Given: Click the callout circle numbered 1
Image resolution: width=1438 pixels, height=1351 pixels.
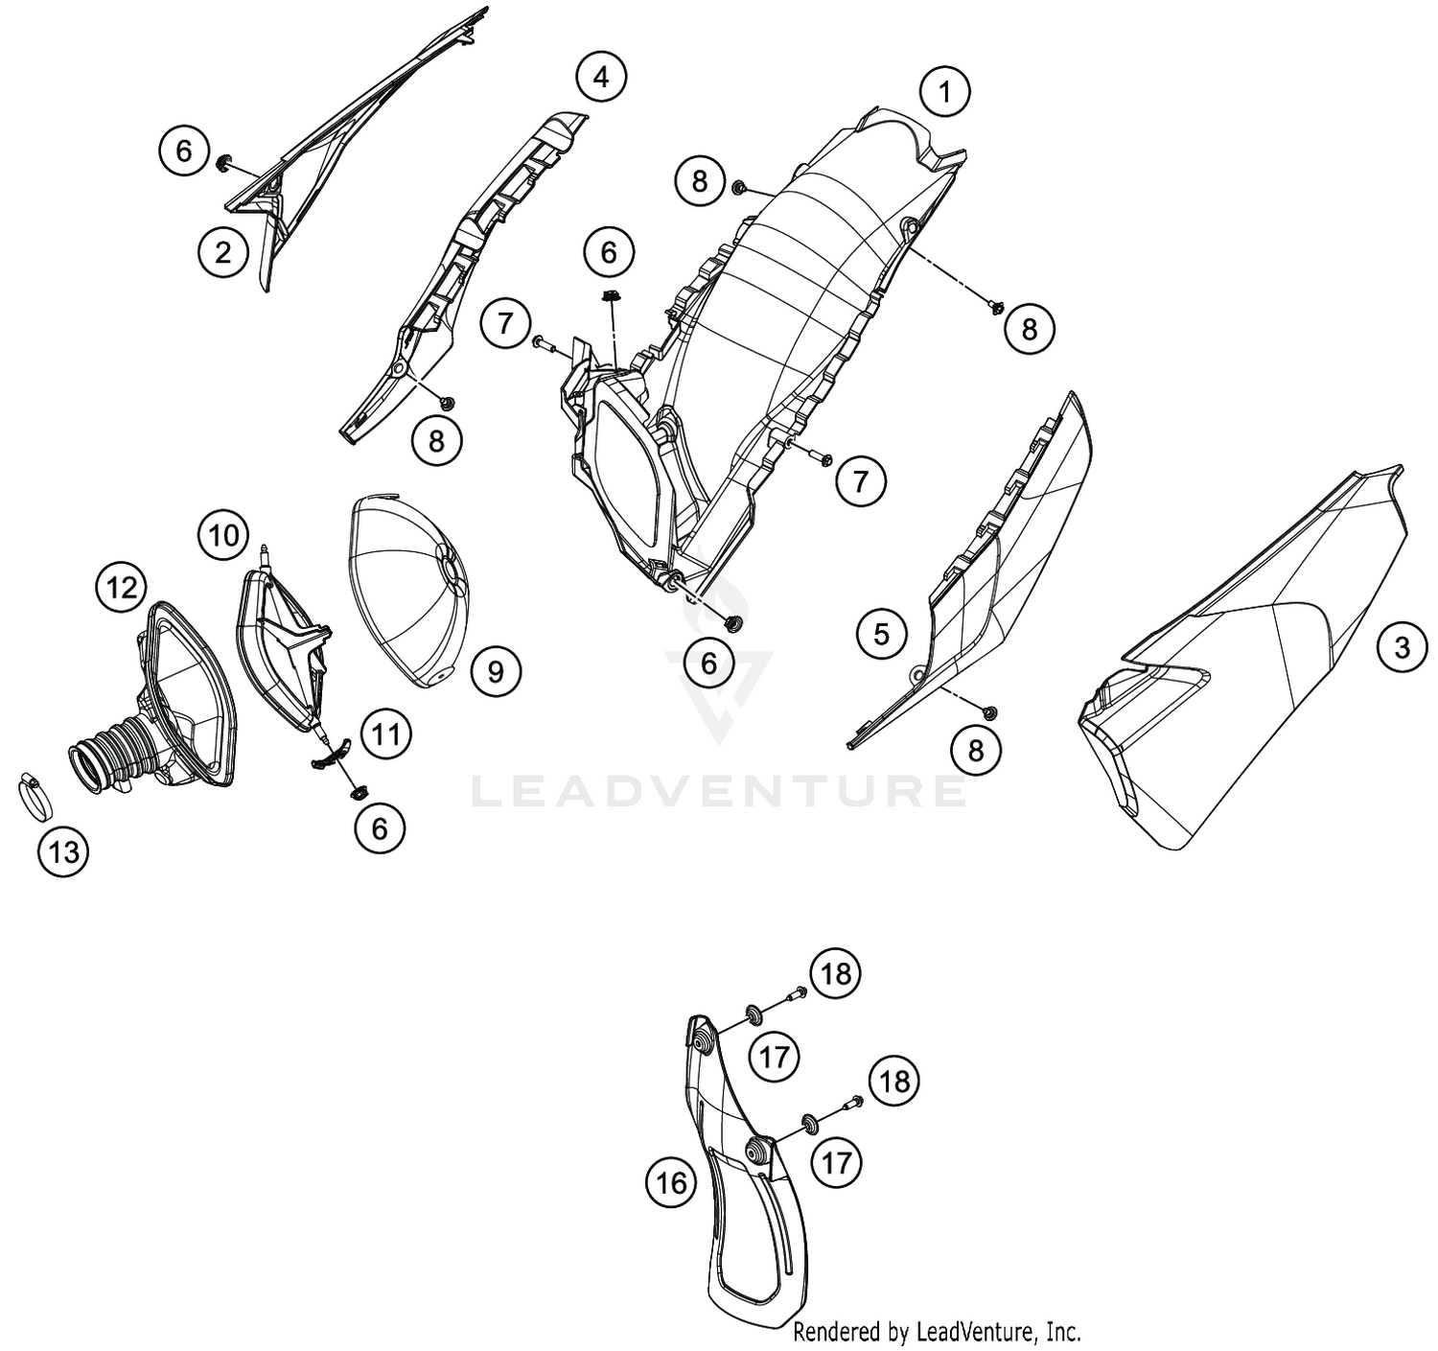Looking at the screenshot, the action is (945, 92).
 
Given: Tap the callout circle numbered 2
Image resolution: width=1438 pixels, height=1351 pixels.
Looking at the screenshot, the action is (223, 251).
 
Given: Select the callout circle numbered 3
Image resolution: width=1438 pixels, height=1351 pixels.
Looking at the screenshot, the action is (1403, 646).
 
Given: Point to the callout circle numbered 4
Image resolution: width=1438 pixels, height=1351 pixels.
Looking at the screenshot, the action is (601, 76).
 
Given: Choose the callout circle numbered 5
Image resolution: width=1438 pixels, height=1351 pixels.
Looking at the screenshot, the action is (881, 634).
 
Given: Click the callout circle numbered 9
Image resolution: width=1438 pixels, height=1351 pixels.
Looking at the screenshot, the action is (496, 672).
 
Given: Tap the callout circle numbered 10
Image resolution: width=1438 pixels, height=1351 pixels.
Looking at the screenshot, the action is (223, 535).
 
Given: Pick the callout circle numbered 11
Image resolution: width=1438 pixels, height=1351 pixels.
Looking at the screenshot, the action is (386, 734).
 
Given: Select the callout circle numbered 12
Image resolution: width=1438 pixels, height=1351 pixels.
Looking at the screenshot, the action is (122, 588).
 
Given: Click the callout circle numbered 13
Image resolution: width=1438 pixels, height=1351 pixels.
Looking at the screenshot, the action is (63, 851).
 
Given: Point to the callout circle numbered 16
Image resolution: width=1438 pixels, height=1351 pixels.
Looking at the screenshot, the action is (670, 1183).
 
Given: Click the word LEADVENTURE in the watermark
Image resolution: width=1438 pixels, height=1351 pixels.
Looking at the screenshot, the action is (718, 791).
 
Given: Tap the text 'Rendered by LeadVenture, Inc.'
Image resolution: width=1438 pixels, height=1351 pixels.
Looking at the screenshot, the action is (937, 1331).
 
